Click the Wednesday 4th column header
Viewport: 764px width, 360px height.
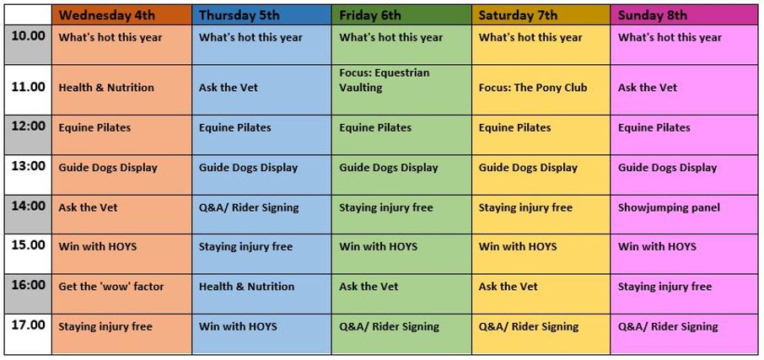point(121,14)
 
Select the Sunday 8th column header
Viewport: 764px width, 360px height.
point(684,14)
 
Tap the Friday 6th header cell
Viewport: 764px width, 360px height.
point(401,14)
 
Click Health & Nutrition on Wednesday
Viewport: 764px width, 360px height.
point(121,89)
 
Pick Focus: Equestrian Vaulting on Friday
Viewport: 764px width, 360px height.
point(401,89)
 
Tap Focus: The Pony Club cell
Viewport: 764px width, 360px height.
point(541,89)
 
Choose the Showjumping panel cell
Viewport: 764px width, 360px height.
point(684,214)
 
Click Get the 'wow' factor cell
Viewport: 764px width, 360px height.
point(121,293)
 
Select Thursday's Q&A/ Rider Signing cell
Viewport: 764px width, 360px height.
point(261,214)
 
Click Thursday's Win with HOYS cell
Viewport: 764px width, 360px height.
point(261,334)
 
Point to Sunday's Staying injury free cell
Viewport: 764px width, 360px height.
point(684,293)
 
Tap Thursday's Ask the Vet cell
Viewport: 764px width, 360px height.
point(261,89)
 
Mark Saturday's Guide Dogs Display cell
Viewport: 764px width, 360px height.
point(541,175)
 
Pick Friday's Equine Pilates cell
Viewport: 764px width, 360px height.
point(401,135)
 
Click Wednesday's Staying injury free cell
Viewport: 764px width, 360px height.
point(121,334)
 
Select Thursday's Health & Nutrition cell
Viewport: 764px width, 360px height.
point(261,293)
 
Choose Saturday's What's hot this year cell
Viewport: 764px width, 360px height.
point(541,45)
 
